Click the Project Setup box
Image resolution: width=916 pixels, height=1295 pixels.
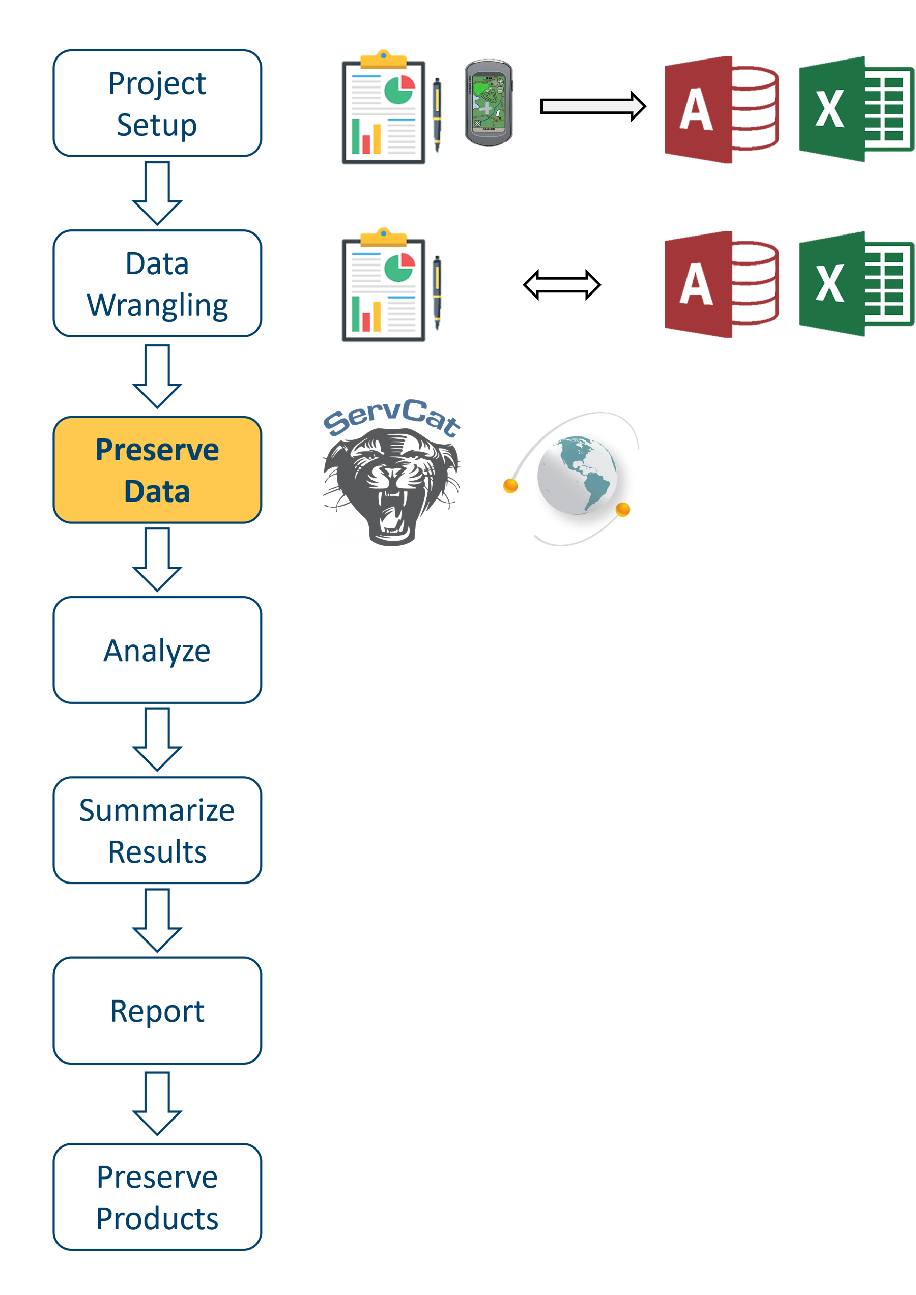point(157,103)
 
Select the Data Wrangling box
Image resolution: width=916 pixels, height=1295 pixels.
point(157,284)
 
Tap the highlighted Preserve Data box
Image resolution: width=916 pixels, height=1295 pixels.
point(157,470)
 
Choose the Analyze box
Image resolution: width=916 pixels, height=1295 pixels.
point(157,650)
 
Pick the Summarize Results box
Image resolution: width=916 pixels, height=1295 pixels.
point(157,830)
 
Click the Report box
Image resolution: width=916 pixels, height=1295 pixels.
point(157,1011)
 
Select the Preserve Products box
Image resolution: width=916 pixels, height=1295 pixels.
point(157,1197)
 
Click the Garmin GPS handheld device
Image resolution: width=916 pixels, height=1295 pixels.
point(488,103)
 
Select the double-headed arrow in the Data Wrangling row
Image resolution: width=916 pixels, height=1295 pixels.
point(562,285)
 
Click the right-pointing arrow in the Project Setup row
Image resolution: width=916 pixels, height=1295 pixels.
point(593,106)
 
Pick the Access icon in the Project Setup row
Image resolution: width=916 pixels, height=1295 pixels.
point(721,109)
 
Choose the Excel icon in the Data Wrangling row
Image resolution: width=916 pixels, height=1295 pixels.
point(857,284)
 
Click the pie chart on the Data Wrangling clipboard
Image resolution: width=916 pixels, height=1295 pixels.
point(399,268)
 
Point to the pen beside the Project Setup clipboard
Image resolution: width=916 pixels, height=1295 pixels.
point(437,115)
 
